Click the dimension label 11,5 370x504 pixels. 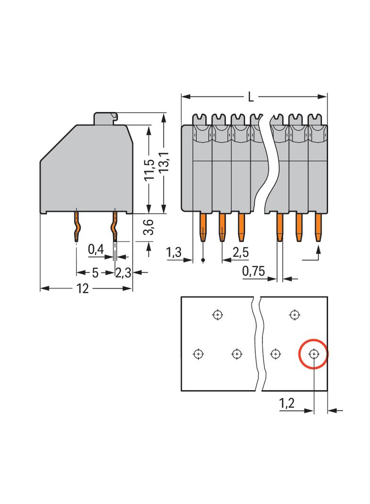[x=149, y=170]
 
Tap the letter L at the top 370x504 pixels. [x=251, y=97]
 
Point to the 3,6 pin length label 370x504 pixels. [x=149, y=227]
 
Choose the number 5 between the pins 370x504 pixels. [x=95, y=273]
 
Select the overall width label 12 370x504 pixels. [x=82, y=288]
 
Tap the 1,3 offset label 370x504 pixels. [x=174, y=252]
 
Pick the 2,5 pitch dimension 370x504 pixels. [x=240, y=252]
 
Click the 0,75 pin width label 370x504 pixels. [x=253, y=271]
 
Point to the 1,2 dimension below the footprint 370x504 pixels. [x=286, y=403]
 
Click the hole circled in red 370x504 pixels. [x=313, y=354]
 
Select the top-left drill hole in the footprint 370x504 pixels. [x=217, y=314]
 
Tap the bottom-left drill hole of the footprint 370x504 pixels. [x=198, y=354]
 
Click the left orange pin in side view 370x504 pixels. [x=76, y=227]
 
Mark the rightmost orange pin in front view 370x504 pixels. [x=318, y=227]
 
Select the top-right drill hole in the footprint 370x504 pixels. [x=294, y=314]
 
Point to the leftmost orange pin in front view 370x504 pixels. [x=202, y=227]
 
